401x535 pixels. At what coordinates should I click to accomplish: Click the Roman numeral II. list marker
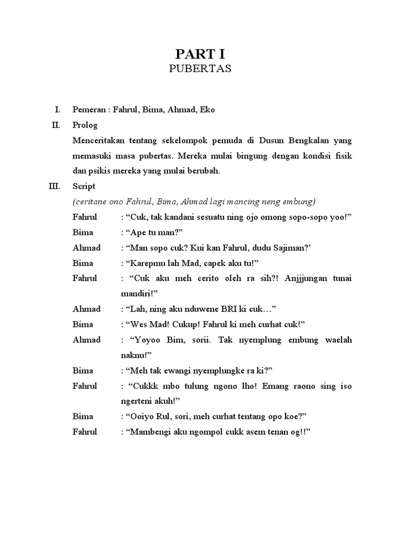tap(56, 125)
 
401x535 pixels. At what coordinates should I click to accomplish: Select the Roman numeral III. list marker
tap(55, 186)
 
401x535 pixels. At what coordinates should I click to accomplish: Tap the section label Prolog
tap(85, 125)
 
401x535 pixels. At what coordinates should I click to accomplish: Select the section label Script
tap(84, 186)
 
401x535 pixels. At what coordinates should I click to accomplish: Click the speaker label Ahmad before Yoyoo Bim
tap(87, 340)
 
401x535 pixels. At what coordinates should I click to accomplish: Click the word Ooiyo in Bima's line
tap(137, 416)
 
